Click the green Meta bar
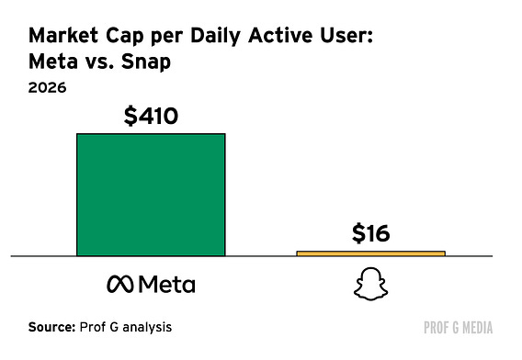coord(151,195)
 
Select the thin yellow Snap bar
coord(371,253)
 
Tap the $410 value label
coord(151,116)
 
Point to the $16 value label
coord(370,233)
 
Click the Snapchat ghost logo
coord(370,284)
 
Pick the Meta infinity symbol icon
coord(119,285)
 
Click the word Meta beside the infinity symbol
coord(166,285)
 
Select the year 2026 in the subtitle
coord(47,88)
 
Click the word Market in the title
coord(63,35)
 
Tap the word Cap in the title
coord(125,37)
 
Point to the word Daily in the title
coord(215,37)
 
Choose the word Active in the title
coord(280,35)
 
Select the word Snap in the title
coord(146,62)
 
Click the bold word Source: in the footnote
coord(52,327)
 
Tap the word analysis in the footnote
coord(147,327)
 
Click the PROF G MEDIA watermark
coord(458,328)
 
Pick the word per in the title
coord(167,38)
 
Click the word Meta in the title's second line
coord(53,62)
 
